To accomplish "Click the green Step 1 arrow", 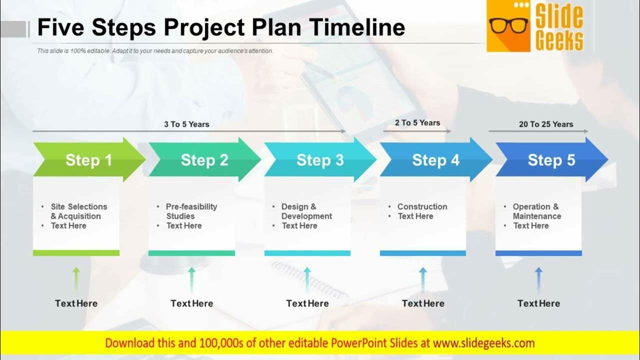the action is [x=89, y=159].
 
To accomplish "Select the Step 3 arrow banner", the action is [x=320, y=159].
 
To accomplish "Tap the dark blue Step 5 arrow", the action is [x=551, y=159].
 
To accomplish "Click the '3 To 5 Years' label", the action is [x=186, y=124].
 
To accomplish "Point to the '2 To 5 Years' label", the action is [x=417, y=123].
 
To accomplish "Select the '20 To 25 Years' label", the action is [x=546, y=124].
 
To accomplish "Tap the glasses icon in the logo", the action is [x=508, y=26].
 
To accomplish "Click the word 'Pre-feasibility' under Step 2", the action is [x=191, y=206].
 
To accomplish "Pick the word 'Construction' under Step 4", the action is [x=422, y=206].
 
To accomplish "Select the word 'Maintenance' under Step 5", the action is [x=537, y=216].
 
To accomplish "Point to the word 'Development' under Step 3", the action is [x=306, y=216].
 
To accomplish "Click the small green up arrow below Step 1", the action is [x=76, y=280].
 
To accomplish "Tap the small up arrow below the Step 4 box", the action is [x=423, y=280].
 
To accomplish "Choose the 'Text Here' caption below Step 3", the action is [x=307, y=303].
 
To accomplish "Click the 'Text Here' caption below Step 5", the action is [x=538, y=303].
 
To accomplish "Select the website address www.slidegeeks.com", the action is [x=483, y=343].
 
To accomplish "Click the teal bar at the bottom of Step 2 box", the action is [x=191, y=253].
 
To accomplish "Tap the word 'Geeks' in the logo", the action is [x=559, y=40].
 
